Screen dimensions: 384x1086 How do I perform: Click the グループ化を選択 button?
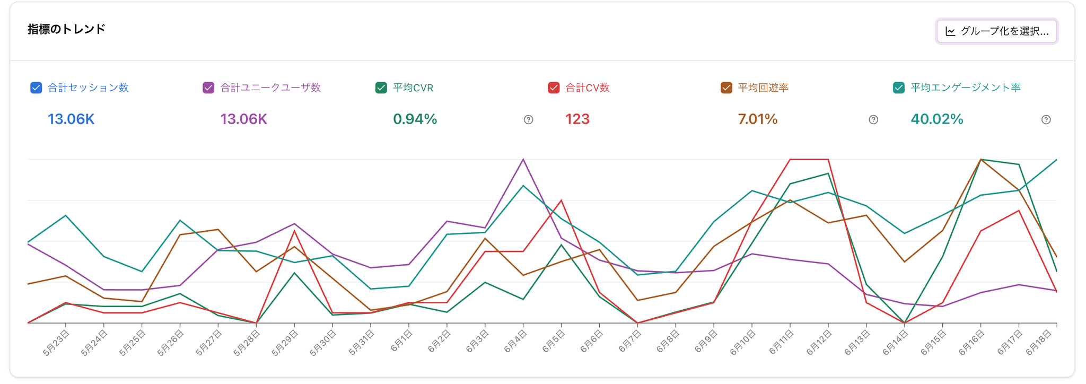coord(996,31)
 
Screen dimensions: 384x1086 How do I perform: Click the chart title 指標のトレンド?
coord(66,29)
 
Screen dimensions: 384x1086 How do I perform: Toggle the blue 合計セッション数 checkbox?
coord(36,88)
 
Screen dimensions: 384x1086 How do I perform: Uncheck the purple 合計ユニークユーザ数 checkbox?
coord(208,88)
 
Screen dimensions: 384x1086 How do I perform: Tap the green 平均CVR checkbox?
coord(381,88)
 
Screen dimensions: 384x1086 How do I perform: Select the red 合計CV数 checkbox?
coord(554,88)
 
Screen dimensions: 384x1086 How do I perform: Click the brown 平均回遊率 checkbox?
coord(726,88)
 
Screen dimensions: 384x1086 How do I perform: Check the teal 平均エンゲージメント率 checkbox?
coord(899,88)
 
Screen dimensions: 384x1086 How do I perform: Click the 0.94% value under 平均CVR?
coord(415,119)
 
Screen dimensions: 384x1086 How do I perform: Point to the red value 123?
coord(577,119)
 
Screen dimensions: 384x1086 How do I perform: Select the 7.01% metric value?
coord(757,119)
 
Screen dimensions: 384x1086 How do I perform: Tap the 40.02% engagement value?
coord(936,119)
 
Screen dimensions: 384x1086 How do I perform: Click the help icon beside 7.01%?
coord(873,120)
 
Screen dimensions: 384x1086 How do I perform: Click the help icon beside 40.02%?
coord(1046,120)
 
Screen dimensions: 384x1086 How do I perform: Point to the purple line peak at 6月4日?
coord(523,160)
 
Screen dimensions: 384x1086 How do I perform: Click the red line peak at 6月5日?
coord(561,200)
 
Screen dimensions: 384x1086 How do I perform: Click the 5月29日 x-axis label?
coord(285,343)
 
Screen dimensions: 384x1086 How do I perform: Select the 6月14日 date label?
coord(896,343)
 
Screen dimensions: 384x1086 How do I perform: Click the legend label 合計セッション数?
coord(88,88)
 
